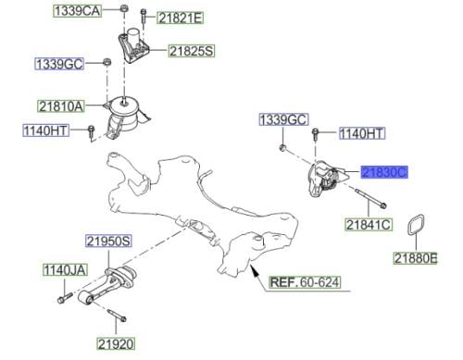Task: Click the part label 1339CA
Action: pos(77,11)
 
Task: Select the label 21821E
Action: pos(181,19)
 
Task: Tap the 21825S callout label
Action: pos(192,51)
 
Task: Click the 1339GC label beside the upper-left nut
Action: pos(59,64)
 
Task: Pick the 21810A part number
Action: pos(61,106)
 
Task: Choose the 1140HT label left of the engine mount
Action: pos(46,130)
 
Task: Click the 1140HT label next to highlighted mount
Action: pos(362,133)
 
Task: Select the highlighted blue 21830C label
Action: pos(384,172)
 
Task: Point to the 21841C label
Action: pos(369,225)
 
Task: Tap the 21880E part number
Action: pos(416,258)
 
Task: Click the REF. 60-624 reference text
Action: pos(305,282)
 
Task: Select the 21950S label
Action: pos(108,241)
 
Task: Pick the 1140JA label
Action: pos(65,270)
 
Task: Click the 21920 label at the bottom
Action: pos(116,343)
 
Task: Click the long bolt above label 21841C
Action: pos(370,198)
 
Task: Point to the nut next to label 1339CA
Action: pos(123,8)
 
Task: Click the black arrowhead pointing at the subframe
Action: pos(254,270)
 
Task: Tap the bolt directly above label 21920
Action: pos(117,316)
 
